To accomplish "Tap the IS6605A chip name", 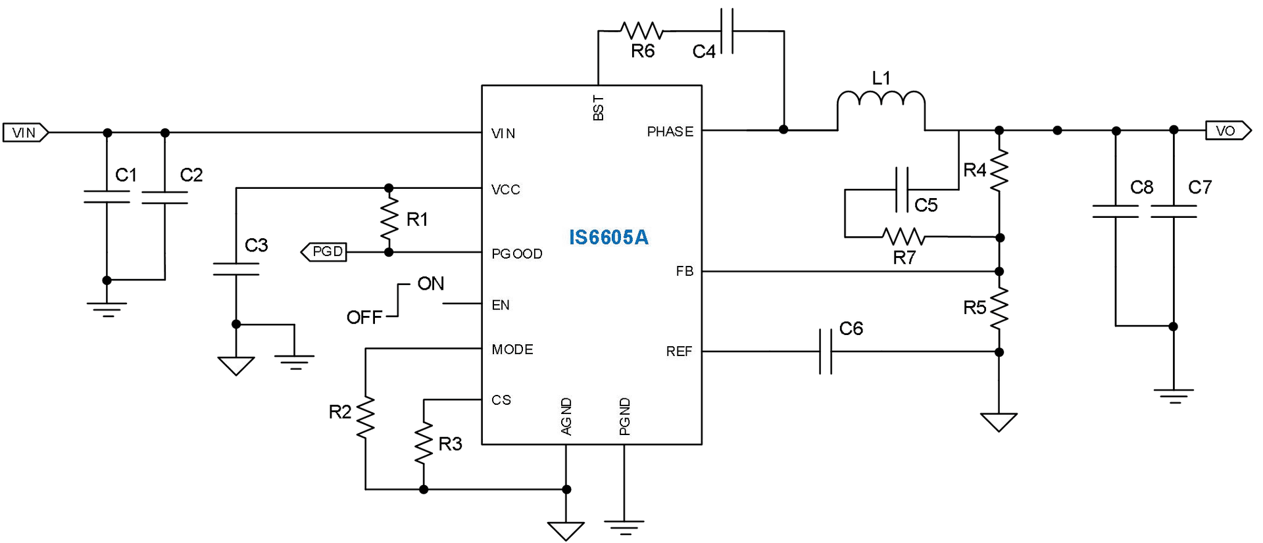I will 608,237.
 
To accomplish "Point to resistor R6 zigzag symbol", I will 641,31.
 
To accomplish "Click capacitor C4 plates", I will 727,31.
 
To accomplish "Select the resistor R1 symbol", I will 389,219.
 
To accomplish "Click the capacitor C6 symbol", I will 826,352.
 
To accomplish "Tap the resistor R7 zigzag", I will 904,236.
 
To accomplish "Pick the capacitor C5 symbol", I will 902,190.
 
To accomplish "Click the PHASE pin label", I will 670,132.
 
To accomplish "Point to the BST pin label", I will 598,108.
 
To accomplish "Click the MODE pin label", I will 512,349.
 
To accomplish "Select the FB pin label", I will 684,271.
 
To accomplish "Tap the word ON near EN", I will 430,284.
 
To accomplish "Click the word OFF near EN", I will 364,317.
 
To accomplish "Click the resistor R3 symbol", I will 424,444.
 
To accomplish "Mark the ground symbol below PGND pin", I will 624,527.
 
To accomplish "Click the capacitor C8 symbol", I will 1116,211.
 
